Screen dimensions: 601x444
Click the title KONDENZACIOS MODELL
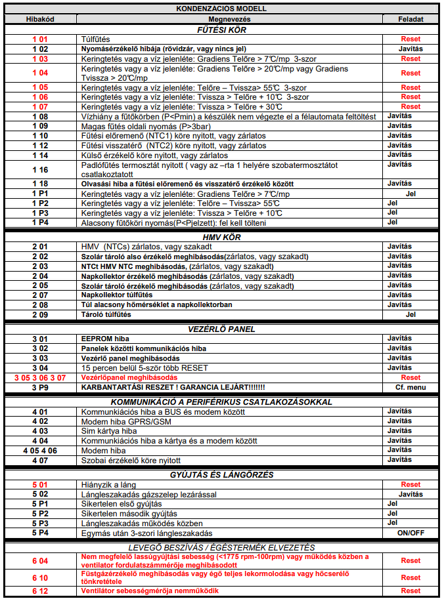(x=221, y=9)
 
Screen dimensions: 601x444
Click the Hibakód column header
(x=39, y=19)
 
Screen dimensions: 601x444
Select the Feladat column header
(x=411, y=19)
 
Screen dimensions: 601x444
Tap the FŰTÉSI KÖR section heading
(x=221, y=30)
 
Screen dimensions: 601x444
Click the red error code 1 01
(x=40, y=39)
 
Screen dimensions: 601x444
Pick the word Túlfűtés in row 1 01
(x=95, y=39)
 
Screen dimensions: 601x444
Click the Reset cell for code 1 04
(x=411, y=73)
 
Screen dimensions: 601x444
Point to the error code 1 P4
(x=40, y=222)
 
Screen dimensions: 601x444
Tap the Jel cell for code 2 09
(x=411, y=314)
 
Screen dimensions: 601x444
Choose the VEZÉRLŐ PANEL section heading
(x=221, y=329)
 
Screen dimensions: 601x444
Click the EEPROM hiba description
(x=104, y=339)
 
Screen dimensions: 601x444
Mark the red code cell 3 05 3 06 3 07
(x=40, y=377)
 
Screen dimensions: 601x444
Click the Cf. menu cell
(x=411, y=387)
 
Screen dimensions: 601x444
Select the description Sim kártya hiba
(x=109, y=431)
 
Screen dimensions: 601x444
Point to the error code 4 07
(x=40, y=459)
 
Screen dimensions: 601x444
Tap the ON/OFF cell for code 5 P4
(x=411, y=533)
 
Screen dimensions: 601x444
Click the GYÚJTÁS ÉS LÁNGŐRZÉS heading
(x=221, y=474)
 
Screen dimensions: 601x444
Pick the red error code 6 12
(x=40, y=591)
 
